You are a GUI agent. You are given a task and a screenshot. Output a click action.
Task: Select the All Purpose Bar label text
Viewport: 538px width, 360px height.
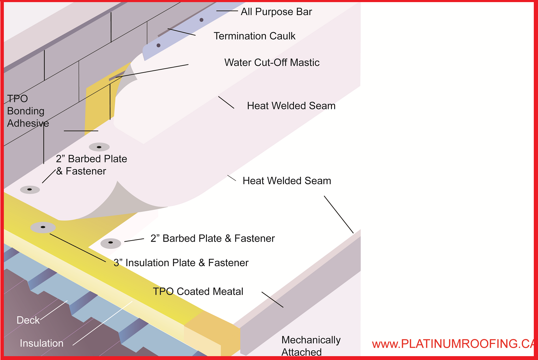click(276, 12)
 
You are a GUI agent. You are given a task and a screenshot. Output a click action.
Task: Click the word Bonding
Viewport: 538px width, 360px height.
click(26, 111)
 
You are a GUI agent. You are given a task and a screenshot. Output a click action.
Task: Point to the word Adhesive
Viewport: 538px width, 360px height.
click(28, 124)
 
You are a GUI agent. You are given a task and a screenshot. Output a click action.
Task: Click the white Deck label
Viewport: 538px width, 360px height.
click(28, 320)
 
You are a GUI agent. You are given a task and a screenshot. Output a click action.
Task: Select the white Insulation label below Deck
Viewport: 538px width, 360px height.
click(41, 344)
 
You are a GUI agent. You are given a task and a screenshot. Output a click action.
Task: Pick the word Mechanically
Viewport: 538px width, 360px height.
click(311, 340)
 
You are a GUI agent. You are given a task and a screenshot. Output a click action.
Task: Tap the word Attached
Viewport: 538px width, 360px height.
click(301, 352)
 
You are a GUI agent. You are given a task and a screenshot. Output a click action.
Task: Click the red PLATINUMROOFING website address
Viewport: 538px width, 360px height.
click(454, 344)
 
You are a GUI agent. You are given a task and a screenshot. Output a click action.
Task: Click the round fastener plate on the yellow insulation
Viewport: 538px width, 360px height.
click(43, 227)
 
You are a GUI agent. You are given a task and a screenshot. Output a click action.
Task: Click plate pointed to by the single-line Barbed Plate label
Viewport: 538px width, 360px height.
click(111, 243)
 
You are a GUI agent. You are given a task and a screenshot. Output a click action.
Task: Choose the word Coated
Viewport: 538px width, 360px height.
click(192, 292)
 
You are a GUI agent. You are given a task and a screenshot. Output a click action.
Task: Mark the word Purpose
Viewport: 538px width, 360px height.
click(275, 12)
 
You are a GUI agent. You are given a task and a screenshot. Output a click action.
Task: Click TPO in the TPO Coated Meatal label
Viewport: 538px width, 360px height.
click(163, 292)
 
